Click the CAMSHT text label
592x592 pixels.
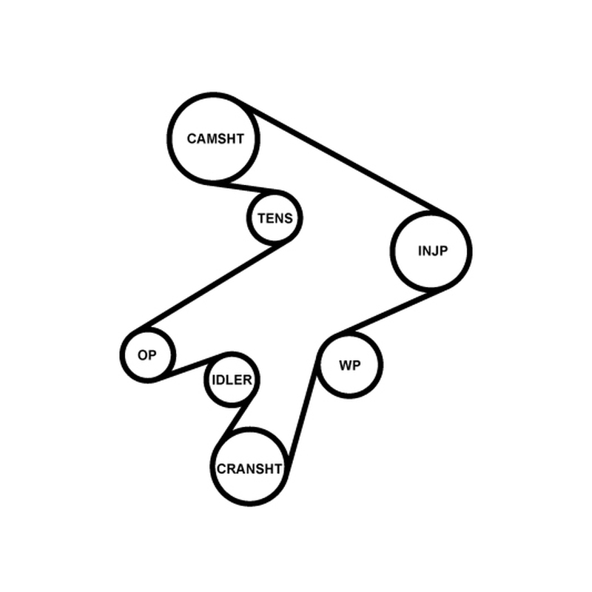[x=215, y=139]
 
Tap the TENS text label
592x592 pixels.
[x=275, y=218]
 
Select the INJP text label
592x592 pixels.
[x=433, y=251]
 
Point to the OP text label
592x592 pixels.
[x=147, y=355]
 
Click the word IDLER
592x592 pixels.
[x=232, y=380]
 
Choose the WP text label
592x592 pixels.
[x=350, y=366]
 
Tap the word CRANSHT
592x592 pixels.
[x=249, y=469]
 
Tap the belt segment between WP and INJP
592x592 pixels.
[x=391, y=312]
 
